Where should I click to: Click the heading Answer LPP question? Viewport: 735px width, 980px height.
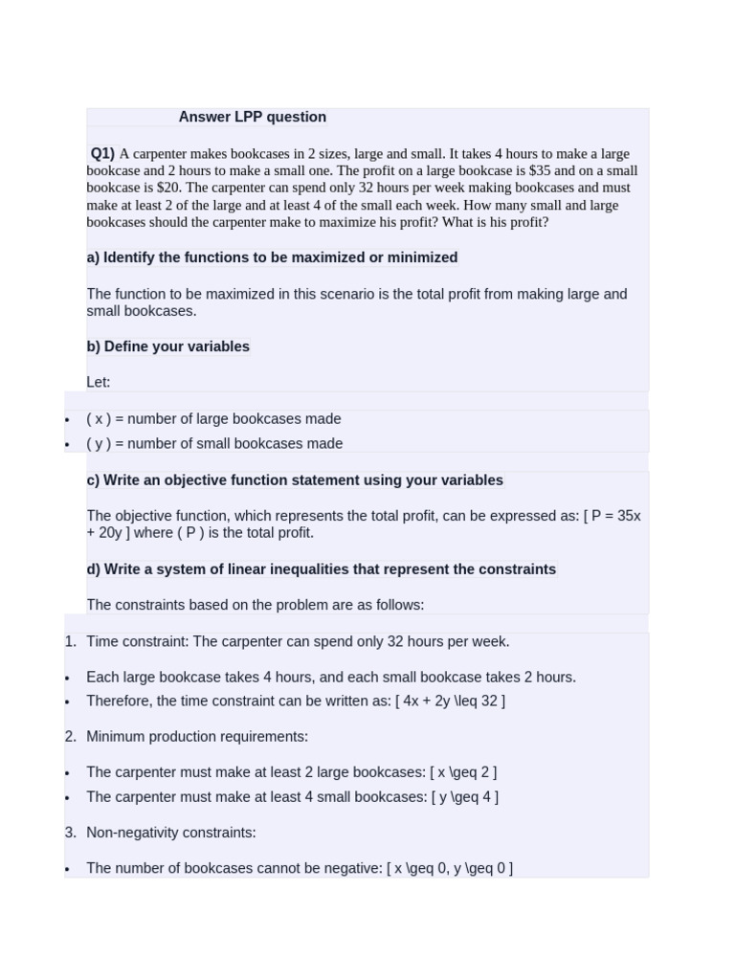(252, 117)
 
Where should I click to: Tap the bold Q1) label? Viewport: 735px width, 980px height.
(102, 153)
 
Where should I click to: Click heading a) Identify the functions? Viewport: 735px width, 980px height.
(272, 257)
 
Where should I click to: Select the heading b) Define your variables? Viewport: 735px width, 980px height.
(167, 346)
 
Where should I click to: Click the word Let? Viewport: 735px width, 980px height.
(99, 382)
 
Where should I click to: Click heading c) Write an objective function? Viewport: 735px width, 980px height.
(294, 480)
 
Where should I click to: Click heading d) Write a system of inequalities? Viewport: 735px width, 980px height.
(321, 569)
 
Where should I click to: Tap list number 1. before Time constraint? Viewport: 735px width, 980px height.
(71, 641)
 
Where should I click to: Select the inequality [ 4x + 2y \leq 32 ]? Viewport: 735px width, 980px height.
(450, 701)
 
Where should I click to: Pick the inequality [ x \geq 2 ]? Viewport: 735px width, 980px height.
(463, 772)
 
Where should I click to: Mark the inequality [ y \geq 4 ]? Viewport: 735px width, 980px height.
(464, 796)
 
